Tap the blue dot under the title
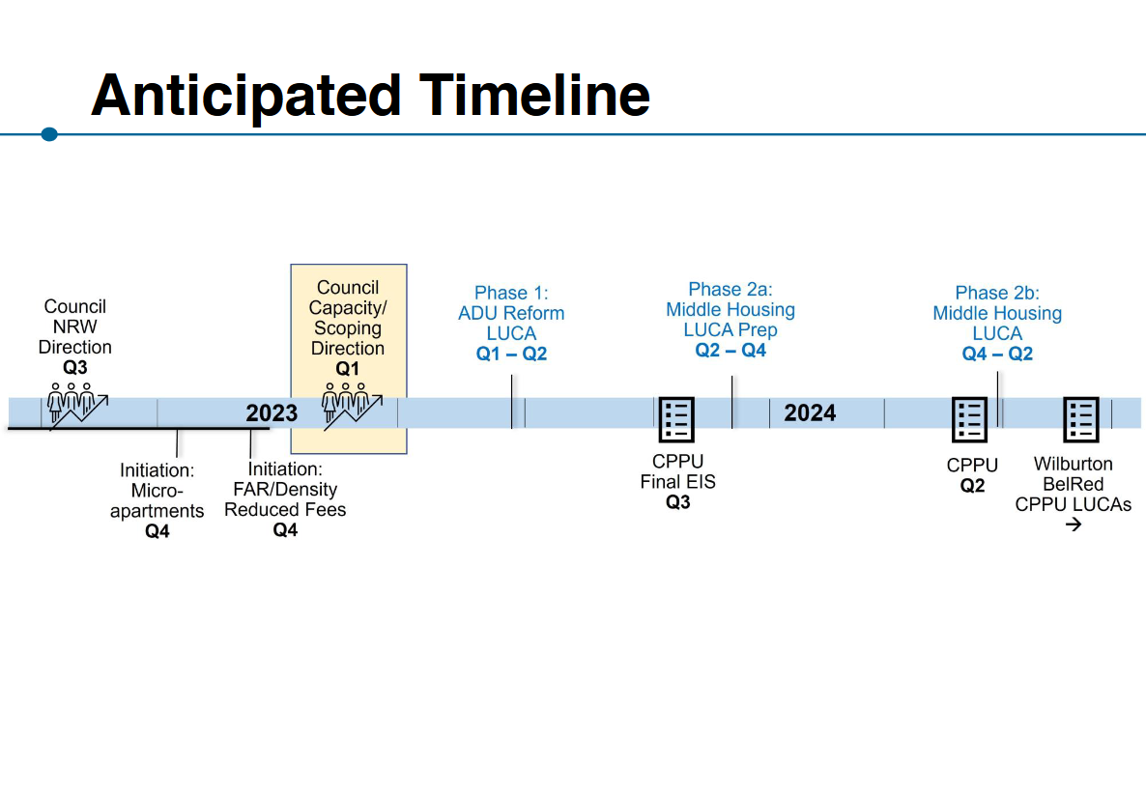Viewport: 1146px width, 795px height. tap(49, 134)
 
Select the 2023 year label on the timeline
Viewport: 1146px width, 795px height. tap(272, 413)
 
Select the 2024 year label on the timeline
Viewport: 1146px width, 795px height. tap(810, 413)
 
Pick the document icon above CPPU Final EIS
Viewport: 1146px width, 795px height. tap(676, 419)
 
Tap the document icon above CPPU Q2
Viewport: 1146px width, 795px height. tap(969, 419)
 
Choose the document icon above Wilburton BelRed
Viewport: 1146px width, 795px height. tap(1081, 419)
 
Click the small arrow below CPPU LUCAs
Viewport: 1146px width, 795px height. tap(1073, 525)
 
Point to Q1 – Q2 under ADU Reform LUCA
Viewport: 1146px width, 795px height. tap(511, 354)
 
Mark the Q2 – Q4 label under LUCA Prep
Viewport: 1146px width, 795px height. tap(731, 350)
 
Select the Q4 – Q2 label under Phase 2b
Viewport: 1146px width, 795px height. tap(997, 354)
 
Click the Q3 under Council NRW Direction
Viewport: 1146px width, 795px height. tap(75, 367)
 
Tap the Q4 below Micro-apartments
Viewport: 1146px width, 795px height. tap(158, 531)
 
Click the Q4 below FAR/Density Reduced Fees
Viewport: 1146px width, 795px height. tap(285, 529)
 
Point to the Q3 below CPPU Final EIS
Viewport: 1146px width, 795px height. tap(678, 502)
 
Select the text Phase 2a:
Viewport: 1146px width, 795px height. tap(731, 289)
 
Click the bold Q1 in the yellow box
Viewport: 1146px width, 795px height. tap(347, 369)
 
